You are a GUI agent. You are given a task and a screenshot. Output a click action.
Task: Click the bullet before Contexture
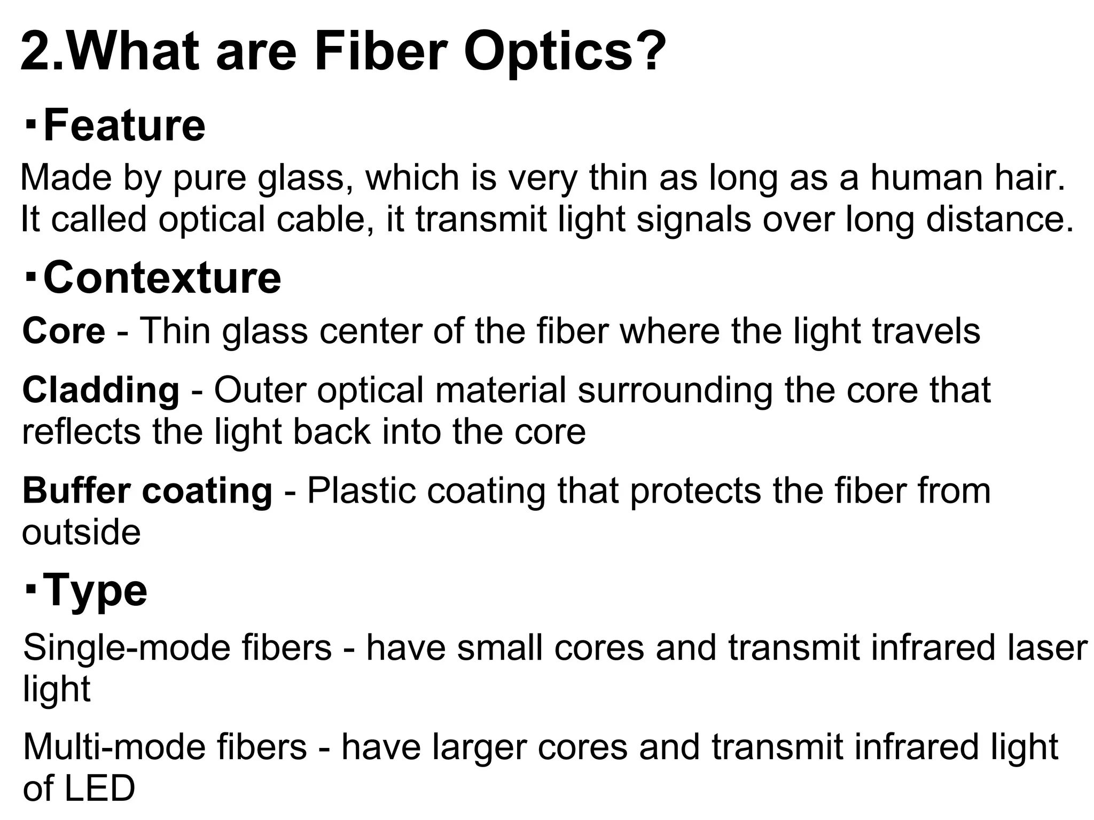coord(30,277)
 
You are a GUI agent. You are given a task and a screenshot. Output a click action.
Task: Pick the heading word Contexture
coord(162,278)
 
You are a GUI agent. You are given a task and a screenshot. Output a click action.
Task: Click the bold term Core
coord(64,331)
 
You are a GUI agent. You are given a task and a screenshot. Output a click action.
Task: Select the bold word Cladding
coord(101,389)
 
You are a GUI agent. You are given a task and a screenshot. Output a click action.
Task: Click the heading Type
coord(95,590)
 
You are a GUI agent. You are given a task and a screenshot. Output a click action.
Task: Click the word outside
coord(81,533)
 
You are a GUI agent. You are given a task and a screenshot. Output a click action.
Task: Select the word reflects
coord(82,432)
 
